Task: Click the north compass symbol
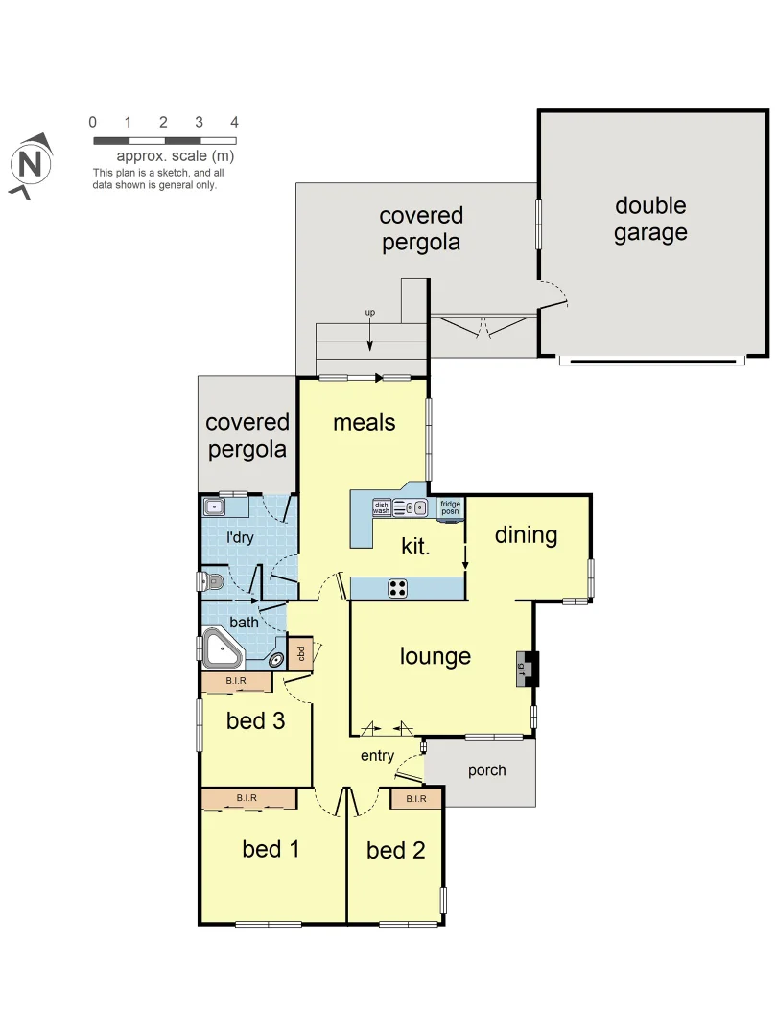[31, 163]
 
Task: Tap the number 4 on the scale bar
[234, 123]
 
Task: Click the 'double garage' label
[650, 219]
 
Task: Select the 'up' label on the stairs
[369, 313]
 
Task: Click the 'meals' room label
[364, 422]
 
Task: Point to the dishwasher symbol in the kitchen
[382, 508]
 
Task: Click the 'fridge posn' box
[450, 508]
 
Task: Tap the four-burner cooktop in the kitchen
[399, 589]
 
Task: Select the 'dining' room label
[526, 534]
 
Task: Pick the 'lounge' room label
[436, 656]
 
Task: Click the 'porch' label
[486, 770]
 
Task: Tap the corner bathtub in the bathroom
[223, 650]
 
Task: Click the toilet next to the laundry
[212, 581]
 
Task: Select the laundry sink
[215, 507]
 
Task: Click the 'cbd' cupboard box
[300, 653]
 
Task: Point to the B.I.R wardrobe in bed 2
[415, 798]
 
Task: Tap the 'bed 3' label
[255, 720]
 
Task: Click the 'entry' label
[377, 756]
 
